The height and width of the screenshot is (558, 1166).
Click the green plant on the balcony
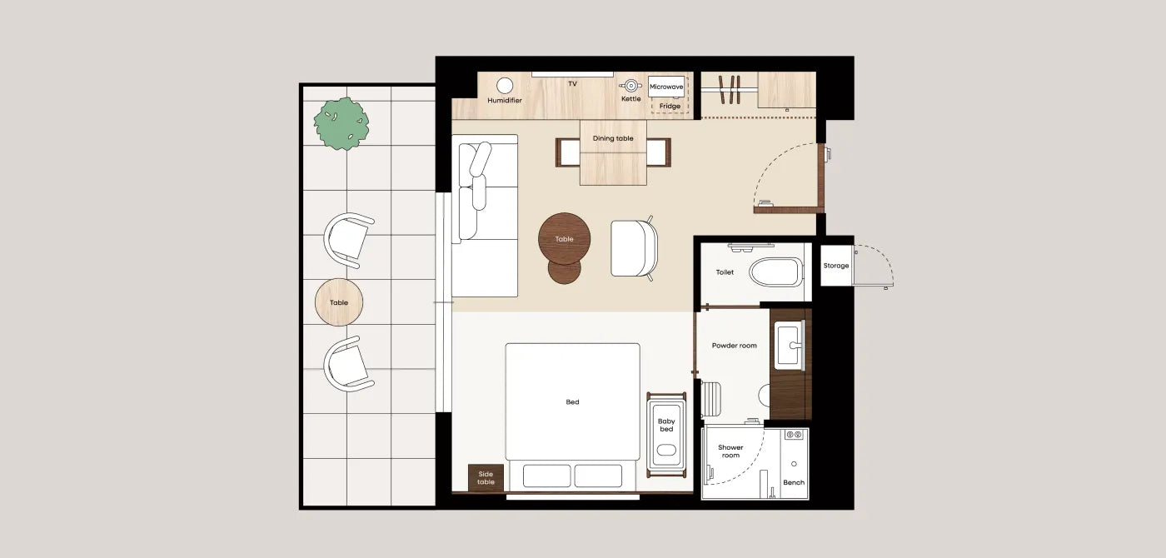pos(341,123)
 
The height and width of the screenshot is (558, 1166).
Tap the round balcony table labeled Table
pos(339,302)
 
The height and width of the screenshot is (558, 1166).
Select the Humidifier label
pos(505,101)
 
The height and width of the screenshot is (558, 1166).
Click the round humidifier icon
pos(505,85)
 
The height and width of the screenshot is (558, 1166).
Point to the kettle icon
pos(630,85)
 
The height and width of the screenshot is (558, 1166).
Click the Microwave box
pos(666,87)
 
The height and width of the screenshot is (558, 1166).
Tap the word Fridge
pos(670,107)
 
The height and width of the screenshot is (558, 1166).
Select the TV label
pos(573,84)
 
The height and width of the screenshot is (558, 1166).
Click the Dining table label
pos(613,138)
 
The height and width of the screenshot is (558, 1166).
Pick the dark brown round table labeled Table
pos(565,239)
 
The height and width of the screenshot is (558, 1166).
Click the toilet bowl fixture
pos(776,272)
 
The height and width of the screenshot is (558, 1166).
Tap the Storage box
pos(836,266)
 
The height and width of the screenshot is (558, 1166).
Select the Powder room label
pos(735,346)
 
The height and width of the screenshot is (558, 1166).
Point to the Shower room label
pos(731,451)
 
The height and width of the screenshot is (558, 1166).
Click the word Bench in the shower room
pos(794,482)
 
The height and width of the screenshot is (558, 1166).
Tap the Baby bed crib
pos(666,435)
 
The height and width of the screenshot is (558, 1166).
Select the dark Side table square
pos(486,478)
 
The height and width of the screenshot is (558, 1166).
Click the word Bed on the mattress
pos(573,401)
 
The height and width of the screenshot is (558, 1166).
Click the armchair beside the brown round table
pos(634,248)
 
